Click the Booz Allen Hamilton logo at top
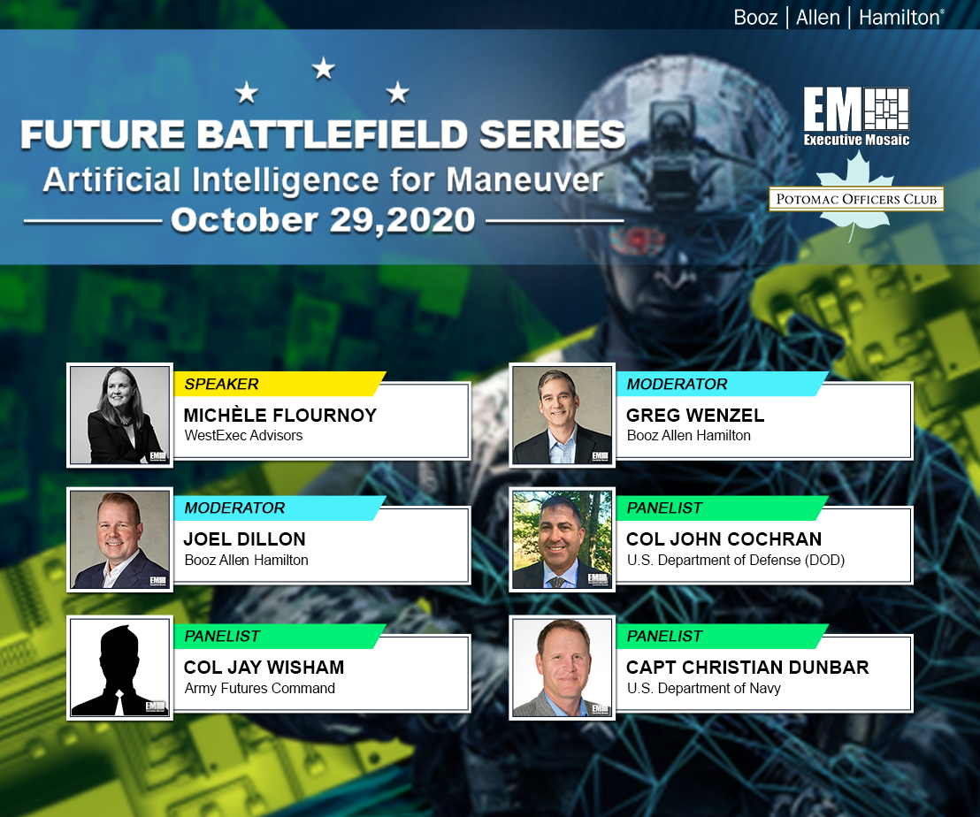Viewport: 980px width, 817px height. (x=838, y=17)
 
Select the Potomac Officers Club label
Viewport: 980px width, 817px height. (x=855, y=200)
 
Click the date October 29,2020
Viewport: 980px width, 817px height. (x=323, y=220)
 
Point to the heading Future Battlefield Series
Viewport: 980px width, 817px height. (x=323, y=135)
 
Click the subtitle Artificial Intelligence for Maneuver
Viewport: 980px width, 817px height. (x=323, y=179)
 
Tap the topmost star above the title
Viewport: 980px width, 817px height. (x=323, y=68)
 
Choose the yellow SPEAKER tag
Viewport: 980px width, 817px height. (x=222, y=384)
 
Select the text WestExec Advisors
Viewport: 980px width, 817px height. (x=243, y=435)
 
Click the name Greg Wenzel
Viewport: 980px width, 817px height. (x=694, y=416)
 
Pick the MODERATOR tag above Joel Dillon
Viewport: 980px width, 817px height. (x=235, y=508)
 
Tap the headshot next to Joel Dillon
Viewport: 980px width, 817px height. (x=120, y=539)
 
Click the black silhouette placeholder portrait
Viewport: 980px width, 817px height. (x=120, y=667)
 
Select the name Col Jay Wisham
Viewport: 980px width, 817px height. (x=264, y=668)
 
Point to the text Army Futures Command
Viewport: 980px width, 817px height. (x=259, y=688)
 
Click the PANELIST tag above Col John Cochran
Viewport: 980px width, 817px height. (x=664, y=508)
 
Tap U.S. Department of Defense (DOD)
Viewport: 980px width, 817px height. (x=734, y=560)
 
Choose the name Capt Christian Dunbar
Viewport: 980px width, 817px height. (x=747, y=668)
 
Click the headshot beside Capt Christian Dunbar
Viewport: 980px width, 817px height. (x=562, y=667)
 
